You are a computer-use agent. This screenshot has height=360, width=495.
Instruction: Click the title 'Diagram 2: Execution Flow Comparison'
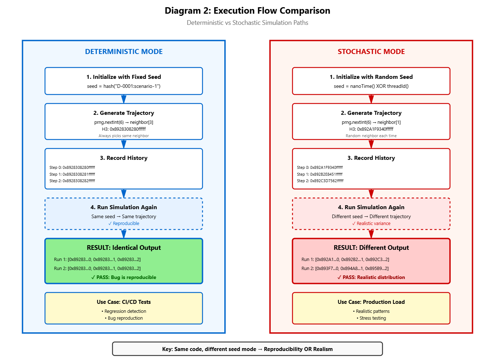click(x=247, y=10)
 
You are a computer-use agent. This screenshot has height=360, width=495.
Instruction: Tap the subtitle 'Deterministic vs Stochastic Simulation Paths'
click(x=247, y=23)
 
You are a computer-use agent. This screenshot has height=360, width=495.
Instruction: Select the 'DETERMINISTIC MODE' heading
click(x=124, y=51)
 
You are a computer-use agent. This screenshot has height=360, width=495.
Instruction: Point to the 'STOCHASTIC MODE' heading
click(x=371, y=51)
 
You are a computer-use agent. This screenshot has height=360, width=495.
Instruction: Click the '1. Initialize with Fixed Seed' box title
click(x=124, y=77)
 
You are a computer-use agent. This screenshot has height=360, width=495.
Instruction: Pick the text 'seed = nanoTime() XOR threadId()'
click(x=371, y=86)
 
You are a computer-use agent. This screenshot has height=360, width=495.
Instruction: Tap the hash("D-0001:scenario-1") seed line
click(x=124, y=86)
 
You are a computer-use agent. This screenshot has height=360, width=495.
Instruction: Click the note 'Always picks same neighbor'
click(x=124, y=136)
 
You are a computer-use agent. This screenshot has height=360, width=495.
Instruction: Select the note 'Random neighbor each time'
click(x=371, y=136)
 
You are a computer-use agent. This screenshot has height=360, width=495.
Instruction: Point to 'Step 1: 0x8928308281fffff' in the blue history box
click(x=72, y=174)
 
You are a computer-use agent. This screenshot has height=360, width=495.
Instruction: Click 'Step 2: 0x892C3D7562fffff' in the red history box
click(x=320, y=181)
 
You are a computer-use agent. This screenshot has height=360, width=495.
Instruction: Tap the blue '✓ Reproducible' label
click(x=124, y=224)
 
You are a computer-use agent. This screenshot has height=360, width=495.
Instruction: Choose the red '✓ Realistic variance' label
click(x=371, y=224)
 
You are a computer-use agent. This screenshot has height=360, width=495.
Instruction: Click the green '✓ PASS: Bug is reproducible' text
click(x=124, y=277)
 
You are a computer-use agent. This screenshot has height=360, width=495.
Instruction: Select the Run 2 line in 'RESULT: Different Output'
click(x=345, y=268)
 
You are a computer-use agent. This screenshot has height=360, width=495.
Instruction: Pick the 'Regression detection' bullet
click(x=124, y=311)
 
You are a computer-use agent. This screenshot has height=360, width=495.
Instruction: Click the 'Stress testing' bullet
click(x=371, y=318)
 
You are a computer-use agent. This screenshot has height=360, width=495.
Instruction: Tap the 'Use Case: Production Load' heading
click(x=371, y=302)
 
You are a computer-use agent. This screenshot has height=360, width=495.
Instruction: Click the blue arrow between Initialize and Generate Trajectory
click(x=124, y=99)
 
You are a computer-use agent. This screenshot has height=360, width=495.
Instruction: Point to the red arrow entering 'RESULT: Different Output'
click(x=371, y=234)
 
